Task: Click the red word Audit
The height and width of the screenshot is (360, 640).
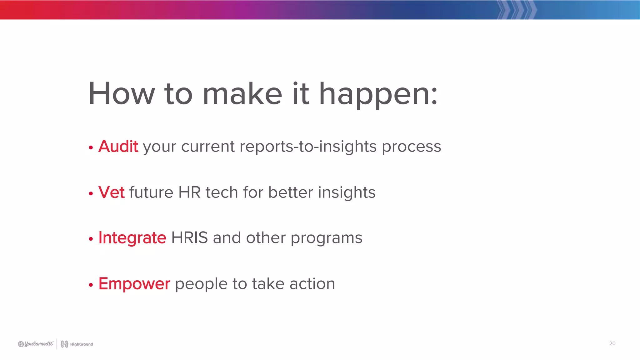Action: (118, 146)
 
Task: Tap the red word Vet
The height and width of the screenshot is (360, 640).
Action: (111, 192)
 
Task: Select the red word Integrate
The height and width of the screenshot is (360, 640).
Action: (132, 238)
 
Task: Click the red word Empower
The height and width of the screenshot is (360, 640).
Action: (134, 284)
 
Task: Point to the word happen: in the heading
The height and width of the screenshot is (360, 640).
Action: (378, 94)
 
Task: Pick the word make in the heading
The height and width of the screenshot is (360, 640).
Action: (242, 93)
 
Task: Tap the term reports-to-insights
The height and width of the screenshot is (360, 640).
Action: (308, 147)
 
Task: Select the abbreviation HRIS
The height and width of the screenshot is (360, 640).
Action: (189, 238)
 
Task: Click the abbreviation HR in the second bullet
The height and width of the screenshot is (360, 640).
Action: (189, 192)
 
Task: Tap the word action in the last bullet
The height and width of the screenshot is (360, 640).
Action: (312, 284)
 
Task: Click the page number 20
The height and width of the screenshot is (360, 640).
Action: (612, 343)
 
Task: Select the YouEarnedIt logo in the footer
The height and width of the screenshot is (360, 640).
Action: (35, 344)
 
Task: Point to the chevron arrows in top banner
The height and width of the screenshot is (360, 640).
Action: (517, 10)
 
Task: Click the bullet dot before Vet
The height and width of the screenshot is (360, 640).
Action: (91, 194)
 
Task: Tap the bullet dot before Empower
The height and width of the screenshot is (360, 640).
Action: (91, 285)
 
